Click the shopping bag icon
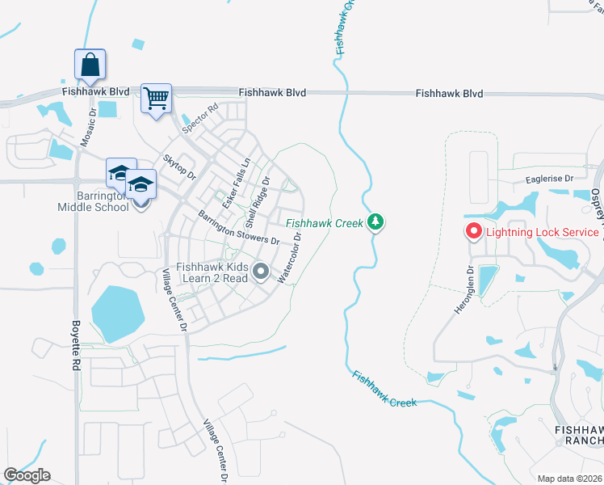(90, 63)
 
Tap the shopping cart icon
(156, 99)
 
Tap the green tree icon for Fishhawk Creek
(375, 221)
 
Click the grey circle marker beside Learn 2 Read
(260, 272)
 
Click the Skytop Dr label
(180, 167)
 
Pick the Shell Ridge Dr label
(258, 200)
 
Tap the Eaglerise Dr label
(549, 179)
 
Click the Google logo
(27, 475)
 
